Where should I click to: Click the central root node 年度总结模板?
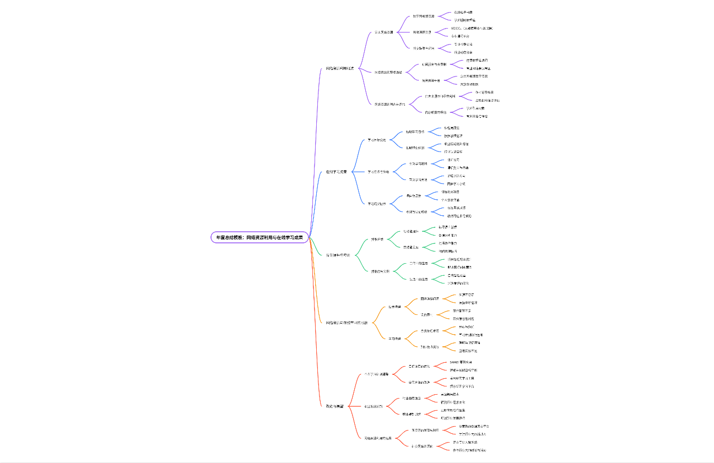click(259, 237)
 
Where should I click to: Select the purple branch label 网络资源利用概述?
click(342, 69)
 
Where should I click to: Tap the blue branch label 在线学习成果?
click(337, 172)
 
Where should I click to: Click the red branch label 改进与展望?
click(334, 406)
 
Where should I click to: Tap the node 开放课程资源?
click(423, 32)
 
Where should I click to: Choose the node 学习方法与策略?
click(378, 172)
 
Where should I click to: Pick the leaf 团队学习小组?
click(456, 183)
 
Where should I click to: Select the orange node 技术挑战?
click(394, 307)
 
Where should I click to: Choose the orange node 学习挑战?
click(394, 338)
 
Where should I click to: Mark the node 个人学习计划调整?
click(377, 374)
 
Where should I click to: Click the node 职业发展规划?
click(374, 406)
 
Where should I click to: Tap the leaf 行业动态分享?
click(463, 52)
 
